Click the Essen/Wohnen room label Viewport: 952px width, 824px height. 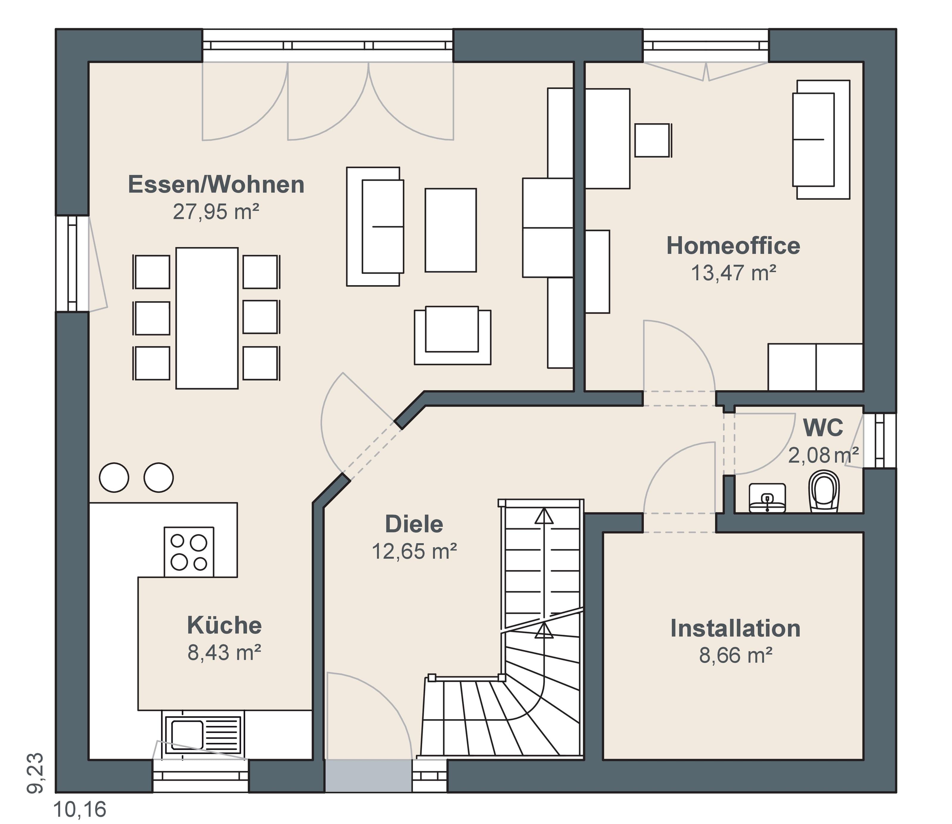click(216, 185)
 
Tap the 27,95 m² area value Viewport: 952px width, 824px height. click(216, 212)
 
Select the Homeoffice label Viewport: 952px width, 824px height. click(733, 246)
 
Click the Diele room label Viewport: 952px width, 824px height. click(414, 524)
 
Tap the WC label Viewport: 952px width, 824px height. click(823, 428)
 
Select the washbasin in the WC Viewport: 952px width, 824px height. click(767, 497)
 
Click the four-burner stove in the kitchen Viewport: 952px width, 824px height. click(189, 552)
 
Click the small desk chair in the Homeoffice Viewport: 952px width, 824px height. click(653, 140)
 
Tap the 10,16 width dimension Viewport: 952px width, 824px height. click(80, 810)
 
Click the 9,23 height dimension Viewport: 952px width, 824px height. click(35, 773)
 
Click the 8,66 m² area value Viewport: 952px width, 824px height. click(736, 655)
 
